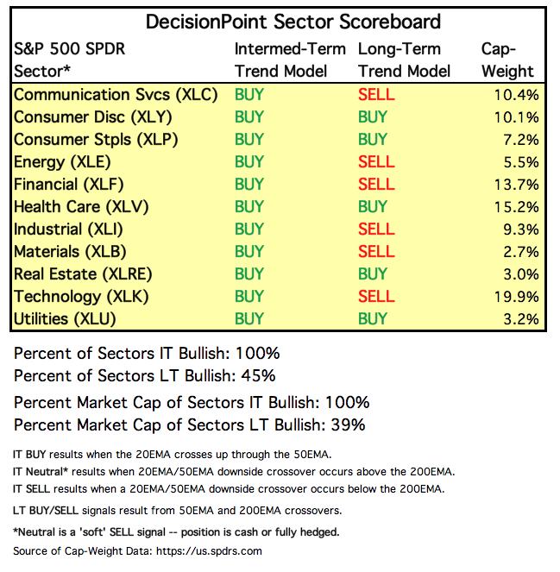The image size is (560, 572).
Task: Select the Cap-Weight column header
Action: coord(508,60)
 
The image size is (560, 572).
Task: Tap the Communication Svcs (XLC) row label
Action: coord(116,95)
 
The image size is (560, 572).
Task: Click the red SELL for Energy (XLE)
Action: coord(375,162)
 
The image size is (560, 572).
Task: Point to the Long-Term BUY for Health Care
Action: coord(373,207)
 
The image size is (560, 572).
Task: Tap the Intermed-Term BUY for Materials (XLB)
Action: coord(249,252)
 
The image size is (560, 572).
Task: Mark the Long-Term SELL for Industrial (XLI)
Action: coord(375,229)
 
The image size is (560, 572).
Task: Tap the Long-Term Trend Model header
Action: coord(405,60)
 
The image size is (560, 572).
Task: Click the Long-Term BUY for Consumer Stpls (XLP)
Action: coord(373,140)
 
